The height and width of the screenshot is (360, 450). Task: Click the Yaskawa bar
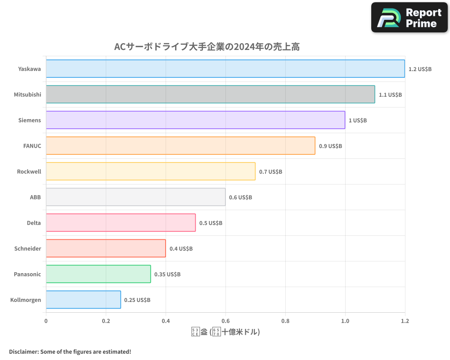[x=225, y=69]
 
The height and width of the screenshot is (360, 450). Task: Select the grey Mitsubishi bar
[x=210, y=94]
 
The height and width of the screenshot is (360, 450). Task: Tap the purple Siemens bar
[x=195, y=120]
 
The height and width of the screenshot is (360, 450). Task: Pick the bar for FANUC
[x=180, y=146]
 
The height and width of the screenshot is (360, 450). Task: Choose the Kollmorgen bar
[x=83, y=300]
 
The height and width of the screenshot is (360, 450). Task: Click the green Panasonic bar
[x=98, y=274]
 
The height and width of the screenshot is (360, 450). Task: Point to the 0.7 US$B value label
[x=270, y=171]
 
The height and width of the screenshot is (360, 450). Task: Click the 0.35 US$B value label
[x=167, y=274]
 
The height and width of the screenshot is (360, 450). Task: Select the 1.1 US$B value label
[x=390, y=94]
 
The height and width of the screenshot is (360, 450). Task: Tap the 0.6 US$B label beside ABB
[x=240, y=197]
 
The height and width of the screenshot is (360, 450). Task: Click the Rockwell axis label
[x=29, y=171]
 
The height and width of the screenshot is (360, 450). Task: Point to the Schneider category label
[x=27, y=248]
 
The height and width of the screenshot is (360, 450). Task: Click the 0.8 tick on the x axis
[x=285, y=321]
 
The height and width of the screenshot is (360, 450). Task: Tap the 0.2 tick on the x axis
[x=106, y=321]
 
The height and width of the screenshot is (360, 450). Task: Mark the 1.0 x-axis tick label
[x=345, y=321]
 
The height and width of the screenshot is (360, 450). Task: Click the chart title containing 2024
[x=207, y=47]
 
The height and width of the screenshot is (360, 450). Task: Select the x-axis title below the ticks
[x=225, y=332]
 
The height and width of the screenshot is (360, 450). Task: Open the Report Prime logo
[x=409, y=18]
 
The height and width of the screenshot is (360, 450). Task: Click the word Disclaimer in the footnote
[x=23, y=351]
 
